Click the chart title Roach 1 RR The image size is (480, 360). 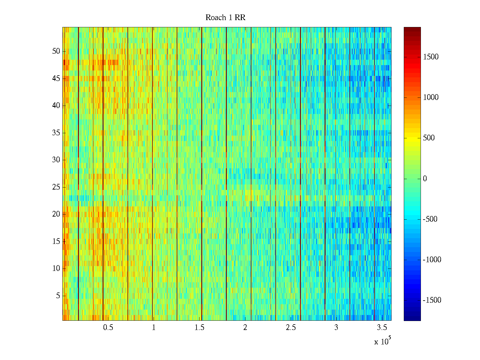click(225, 18)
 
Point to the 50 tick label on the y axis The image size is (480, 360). click(56, 51)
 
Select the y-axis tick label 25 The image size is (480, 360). click(56, 187)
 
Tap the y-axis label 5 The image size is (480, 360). click(58, 296)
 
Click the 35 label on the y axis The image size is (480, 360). click(56, 133)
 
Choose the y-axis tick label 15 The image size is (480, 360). click(56, 241)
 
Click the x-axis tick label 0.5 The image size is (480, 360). click(108, 328)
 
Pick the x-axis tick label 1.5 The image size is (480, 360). click(199, 328)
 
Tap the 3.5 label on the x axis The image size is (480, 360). click(382, 328)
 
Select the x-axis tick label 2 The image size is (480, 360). click(245, 328)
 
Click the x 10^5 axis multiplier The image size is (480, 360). click(382, 341)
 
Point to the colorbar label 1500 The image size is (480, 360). click(430, 57)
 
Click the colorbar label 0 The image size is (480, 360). click(425, 179)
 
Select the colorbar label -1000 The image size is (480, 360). click(432, 260)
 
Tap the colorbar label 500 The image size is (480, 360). click(429, 138)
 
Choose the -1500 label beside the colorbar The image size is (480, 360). click(432, 300)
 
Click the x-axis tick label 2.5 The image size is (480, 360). click(291, 328)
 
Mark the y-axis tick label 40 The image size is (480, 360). click(56, 106)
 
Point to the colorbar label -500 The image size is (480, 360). click(430, 219)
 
